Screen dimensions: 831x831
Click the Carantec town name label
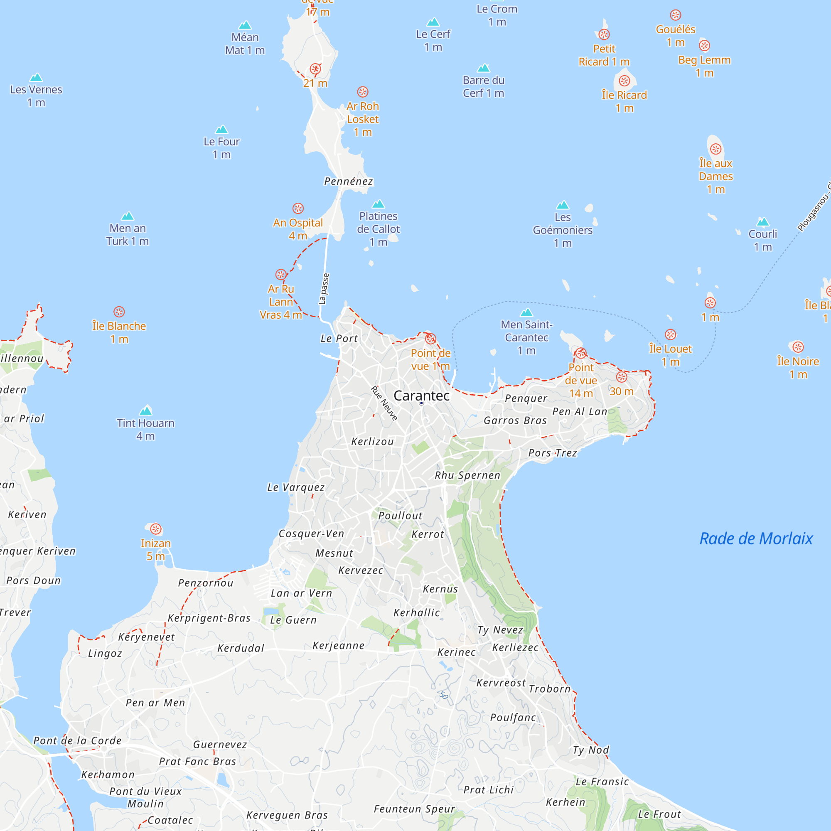point(421,395)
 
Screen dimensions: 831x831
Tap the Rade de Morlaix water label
point(756,538)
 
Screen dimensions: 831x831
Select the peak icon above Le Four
point(221,129)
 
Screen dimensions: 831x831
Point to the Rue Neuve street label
point(384,403)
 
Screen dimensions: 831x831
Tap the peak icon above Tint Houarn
point(146,411)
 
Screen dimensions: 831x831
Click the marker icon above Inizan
point(156,529)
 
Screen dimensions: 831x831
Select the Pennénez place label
point(349,182)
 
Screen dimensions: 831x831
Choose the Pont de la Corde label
point(77,741)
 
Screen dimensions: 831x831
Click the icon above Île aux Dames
point(716,149)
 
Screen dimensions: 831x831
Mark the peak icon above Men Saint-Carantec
point(526,312)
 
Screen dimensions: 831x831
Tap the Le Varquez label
point(296,487)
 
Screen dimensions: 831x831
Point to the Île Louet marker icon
point(671,334)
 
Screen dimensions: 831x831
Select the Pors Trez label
point(553,453)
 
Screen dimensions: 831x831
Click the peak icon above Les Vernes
point(36,77)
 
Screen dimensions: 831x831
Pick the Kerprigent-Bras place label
point(209,618)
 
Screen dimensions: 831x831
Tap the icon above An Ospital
point(298,208)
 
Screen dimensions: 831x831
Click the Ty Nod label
point(591,750)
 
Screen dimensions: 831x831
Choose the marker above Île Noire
point(798,347)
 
